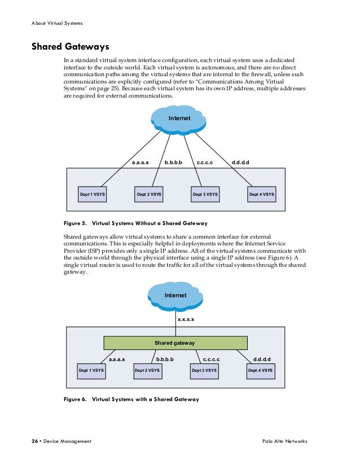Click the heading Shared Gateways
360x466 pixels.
point(70,46)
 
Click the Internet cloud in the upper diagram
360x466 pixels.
point(179,118)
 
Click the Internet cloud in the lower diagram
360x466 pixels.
point(175,295)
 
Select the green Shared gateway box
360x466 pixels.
point(175,342)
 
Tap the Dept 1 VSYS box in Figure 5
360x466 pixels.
point(93,194)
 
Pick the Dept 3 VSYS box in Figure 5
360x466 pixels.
point(205,194)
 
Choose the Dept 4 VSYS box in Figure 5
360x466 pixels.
point(262,194)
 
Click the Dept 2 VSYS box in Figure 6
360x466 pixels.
point(147,371)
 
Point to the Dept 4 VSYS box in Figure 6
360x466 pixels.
point(261,371)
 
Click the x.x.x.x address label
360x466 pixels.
point(187,319)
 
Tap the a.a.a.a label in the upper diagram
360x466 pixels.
point(140,162)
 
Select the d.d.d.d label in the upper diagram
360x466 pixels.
point(240,162)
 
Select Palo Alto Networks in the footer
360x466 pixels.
point(285,441)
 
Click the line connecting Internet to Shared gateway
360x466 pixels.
point(175,323)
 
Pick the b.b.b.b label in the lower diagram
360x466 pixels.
point(165,359)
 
